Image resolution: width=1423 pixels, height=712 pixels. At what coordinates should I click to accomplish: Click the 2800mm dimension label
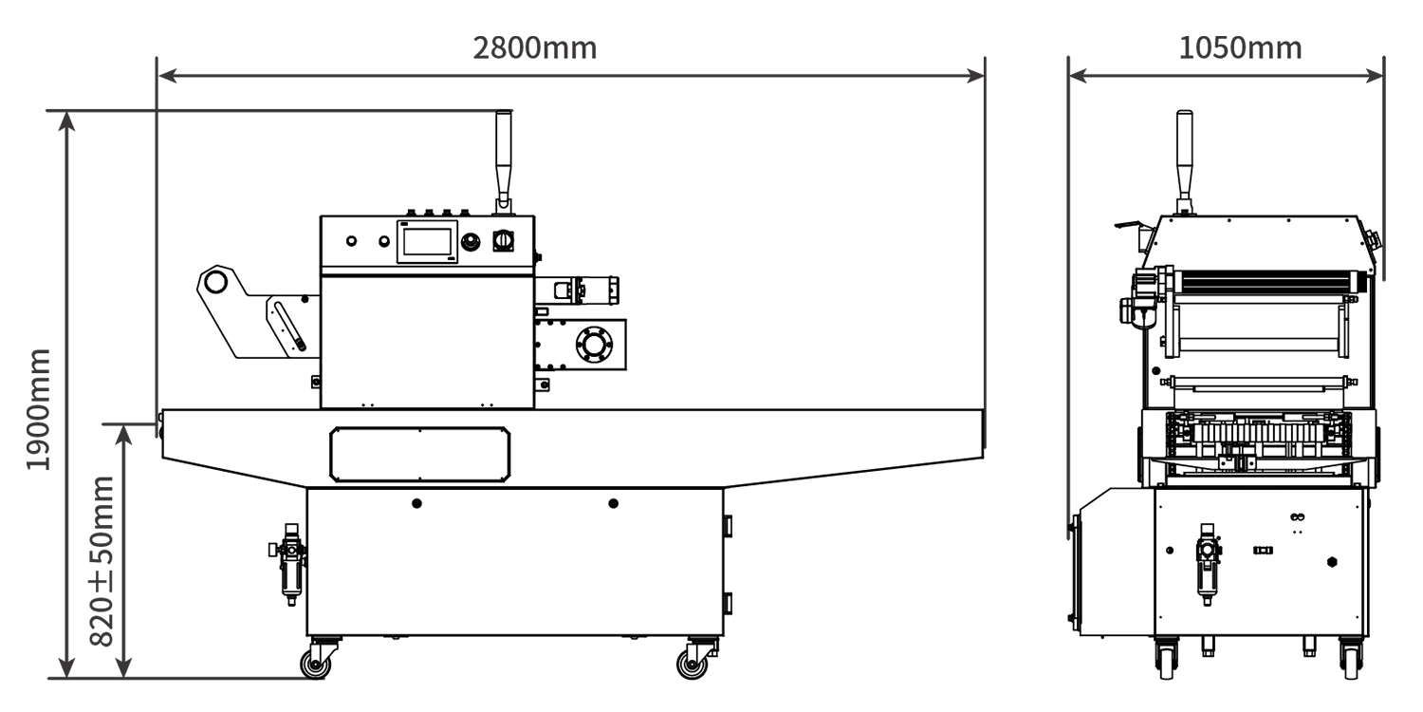point(535,48)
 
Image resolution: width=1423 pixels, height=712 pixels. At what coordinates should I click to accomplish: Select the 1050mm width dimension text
point(1240,48)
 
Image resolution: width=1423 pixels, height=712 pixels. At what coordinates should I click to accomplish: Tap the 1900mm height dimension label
point(38,410)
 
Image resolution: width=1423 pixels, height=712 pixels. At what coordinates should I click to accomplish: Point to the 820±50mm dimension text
point(102,561)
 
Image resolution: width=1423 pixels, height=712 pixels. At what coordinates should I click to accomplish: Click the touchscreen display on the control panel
point(427,241)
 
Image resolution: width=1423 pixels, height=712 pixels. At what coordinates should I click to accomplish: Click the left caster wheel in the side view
point(316,665)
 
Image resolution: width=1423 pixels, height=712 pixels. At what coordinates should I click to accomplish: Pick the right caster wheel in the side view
point(692,665)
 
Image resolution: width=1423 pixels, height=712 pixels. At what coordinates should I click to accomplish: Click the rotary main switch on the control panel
point(503,241)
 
